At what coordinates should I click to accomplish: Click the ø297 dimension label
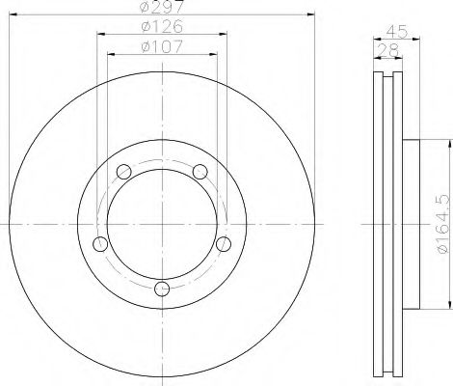point(162,8)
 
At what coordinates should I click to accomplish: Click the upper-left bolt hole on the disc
point(123,173)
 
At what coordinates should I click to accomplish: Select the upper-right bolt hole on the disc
point(200,172)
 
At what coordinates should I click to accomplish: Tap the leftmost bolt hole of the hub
point(99,243)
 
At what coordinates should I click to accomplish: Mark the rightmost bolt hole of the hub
point(224,242)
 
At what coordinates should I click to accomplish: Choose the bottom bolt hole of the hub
point(162,288)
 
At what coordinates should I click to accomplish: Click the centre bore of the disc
point(162,222)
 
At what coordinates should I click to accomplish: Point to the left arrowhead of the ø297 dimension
point(12,14)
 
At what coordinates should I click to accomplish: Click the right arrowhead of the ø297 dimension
point(311,14)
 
